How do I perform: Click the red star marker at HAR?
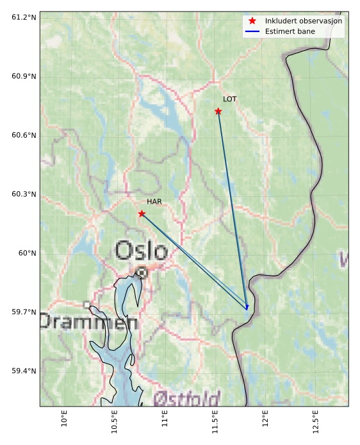142,214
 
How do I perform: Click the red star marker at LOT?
218,112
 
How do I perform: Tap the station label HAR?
154,201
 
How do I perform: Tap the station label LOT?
230,99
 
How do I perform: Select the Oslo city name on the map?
142,250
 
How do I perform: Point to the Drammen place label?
89,322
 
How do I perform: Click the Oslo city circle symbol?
142,273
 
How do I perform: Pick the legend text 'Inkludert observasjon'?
304,21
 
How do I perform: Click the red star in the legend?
252,21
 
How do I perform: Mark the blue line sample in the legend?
252,31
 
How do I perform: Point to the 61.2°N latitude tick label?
24,17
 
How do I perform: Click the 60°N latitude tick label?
27,253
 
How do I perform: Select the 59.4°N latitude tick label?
24,371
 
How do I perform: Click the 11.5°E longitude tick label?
215,421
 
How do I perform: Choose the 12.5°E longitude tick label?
315,421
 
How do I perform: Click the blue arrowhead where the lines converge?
247,308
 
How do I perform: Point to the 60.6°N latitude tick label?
24,135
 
